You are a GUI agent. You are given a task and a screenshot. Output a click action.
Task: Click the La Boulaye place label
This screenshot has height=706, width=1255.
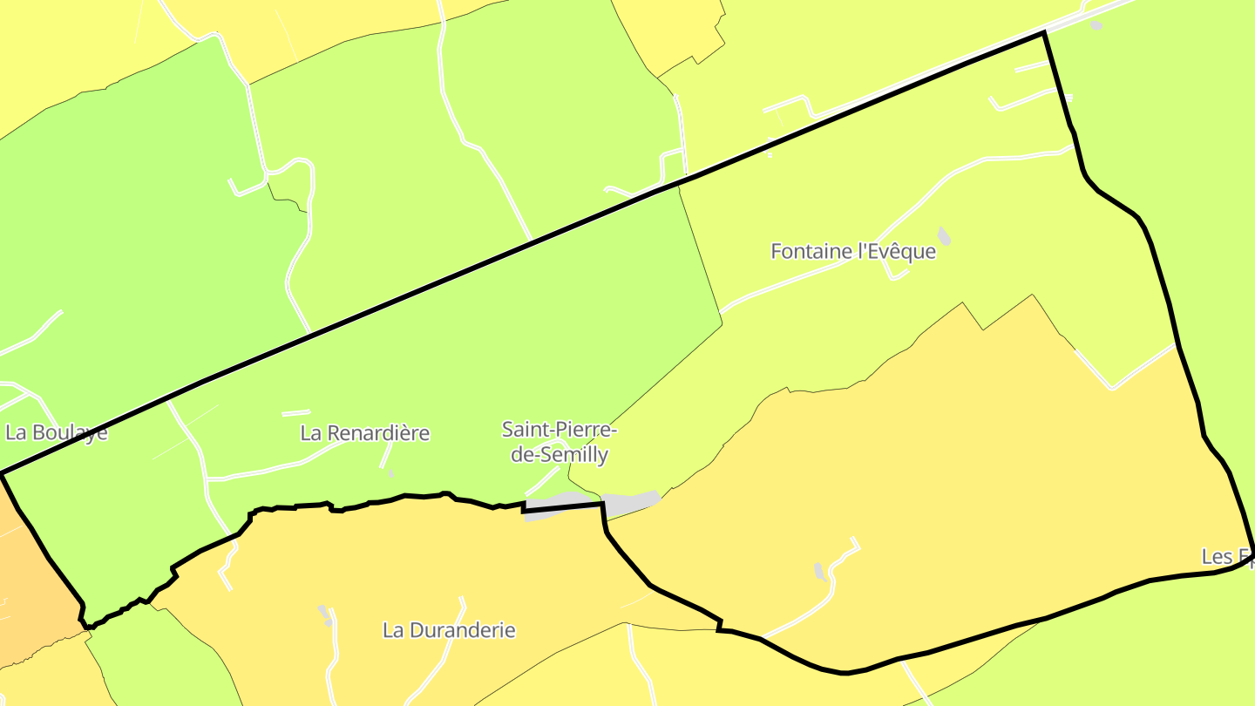pos(57,432)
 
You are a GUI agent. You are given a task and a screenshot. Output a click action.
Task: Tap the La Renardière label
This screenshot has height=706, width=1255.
pos(365,433)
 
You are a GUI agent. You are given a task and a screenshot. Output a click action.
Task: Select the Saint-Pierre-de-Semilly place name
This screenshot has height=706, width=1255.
pos(560,442)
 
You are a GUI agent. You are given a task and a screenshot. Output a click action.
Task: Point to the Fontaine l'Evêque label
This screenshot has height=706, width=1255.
pos(853,252)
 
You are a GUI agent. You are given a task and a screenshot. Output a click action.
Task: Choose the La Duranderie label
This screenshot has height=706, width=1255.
pos(450,630)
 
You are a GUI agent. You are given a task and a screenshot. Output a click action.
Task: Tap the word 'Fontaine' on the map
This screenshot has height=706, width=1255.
pos(811,252)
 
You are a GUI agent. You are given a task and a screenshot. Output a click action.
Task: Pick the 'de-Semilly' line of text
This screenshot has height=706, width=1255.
pos(560,455)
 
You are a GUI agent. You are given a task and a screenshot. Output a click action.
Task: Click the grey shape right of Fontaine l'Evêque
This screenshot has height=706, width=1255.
pos(944,235)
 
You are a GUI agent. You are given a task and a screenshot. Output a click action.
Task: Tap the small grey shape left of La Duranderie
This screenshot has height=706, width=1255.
pos(325,614)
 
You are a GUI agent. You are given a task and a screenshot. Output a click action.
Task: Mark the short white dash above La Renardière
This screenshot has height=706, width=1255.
pos(295,412)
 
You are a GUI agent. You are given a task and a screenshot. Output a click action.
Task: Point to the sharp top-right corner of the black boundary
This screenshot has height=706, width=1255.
pos(1044,33)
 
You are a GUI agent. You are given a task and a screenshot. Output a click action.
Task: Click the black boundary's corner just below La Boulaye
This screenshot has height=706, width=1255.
pos(3,473)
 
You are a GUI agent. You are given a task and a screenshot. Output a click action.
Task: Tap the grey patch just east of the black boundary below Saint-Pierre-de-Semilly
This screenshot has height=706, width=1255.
pos(630,504)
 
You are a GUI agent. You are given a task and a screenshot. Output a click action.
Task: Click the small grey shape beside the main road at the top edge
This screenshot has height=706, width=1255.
pos(1096,25)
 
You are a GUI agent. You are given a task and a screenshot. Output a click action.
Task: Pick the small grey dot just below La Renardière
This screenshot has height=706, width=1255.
pos(390,473)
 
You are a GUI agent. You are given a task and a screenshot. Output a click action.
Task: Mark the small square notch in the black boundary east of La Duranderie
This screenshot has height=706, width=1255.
pos(720,625)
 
